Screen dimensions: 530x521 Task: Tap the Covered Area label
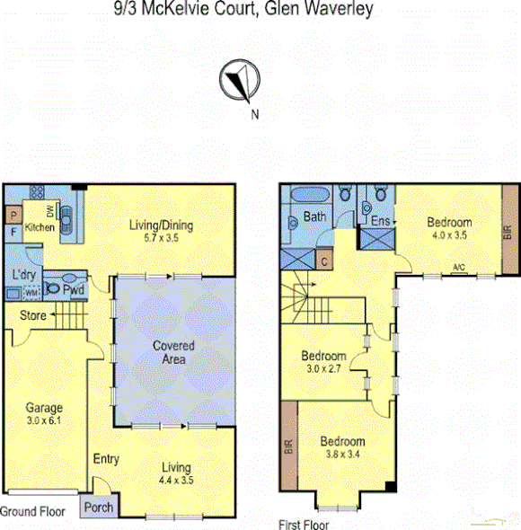[173, 352]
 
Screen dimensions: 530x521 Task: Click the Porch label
[99, 508]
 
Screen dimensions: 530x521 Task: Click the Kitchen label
[40, 229]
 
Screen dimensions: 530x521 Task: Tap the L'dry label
[23, 274]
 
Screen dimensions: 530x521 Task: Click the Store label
[33, 315]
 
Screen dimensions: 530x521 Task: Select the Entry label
[106, 460]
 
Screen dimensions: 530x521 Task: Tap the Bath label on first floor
[314, 216]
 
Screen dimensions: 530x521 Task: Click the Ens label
[379, 220]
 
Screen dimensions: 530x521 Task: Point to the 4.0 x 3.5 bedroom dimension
[448, 234]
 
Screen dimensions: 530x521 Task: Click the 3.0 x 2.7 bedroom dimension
[323, 367]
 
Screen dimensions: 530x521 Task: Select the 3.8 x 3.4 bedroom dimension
[343, 455]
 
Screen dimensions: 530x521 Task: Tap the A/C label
[459, 267]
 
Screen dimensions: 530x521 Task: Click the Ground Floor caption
[32, 511]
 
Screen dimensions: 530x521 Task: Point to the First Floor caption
[305, 525]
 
